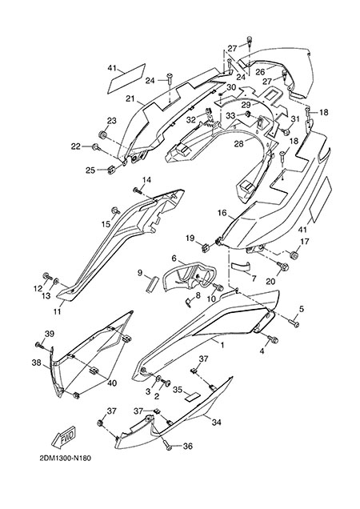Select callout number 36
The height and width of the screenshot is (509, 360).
188,447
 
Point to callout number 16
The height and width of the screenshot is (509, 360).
222,213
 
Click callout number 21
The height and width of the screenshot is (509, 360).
130,98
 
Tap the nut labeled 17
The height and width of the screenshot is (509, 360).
294,255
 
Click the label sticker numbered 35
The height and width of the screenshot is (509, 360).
191,396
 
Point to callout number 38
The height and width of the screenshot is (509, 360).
37,363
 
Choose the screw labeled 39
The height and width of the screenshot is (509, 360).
40,345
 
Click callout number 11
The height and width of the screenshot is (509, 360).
58,312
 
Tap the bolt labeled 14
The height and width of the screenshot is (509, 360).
138,190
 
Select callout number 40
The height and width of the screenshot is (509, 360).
112,383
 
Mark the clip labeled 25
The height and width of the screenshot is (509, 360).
111,170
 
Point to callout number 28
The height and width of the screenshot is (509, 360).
239,143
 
